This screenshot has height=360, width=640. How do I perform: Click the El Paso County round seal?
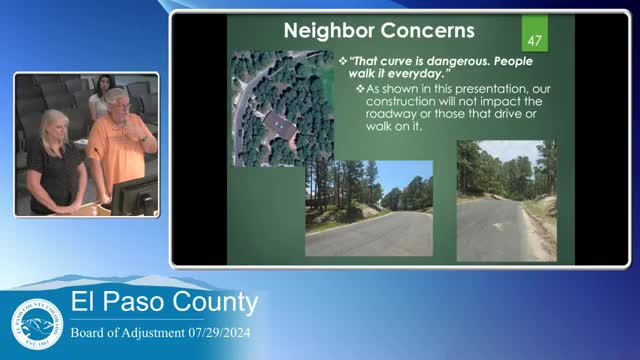pyautogui.click(x=37, y=327)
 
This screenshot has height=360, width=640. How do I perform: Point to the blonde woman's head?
pyautogui.click(x=50, y=124)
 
